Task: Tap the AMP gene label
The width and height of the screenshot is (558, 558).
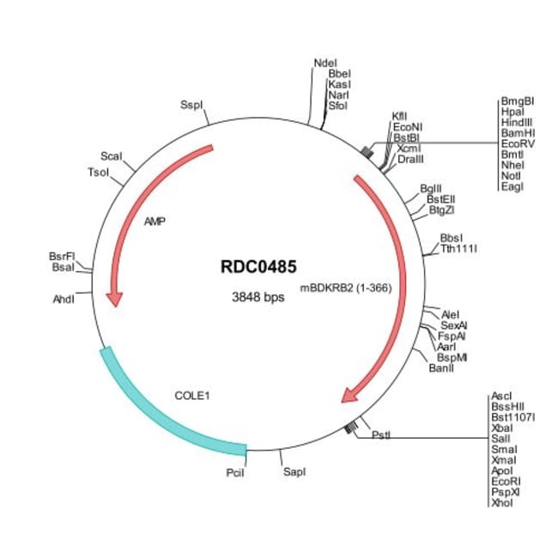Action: (x=155, y=221)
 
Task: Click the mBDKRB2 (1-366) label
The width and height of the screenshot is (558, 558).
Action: (x=346, y=288)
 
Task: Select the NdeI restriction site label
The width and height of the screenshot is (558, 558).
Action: (x=326, y=64)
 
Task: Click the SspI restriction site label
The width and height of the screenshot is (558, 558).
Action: (x=192, y=105)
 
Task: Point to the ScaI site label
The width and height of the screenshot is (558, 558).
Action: (x=112, y=156)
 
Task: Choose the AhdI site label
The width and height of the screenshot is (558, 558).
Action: (x=64, y=299)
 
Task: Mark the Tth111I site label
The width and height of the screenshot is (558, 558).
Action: (x=458, y=249)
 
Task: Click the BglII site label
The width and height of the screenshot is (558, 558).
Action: (x=431, y=188)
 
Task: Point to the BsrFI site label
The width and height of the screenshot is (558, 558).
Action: (x=63, y=257)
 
